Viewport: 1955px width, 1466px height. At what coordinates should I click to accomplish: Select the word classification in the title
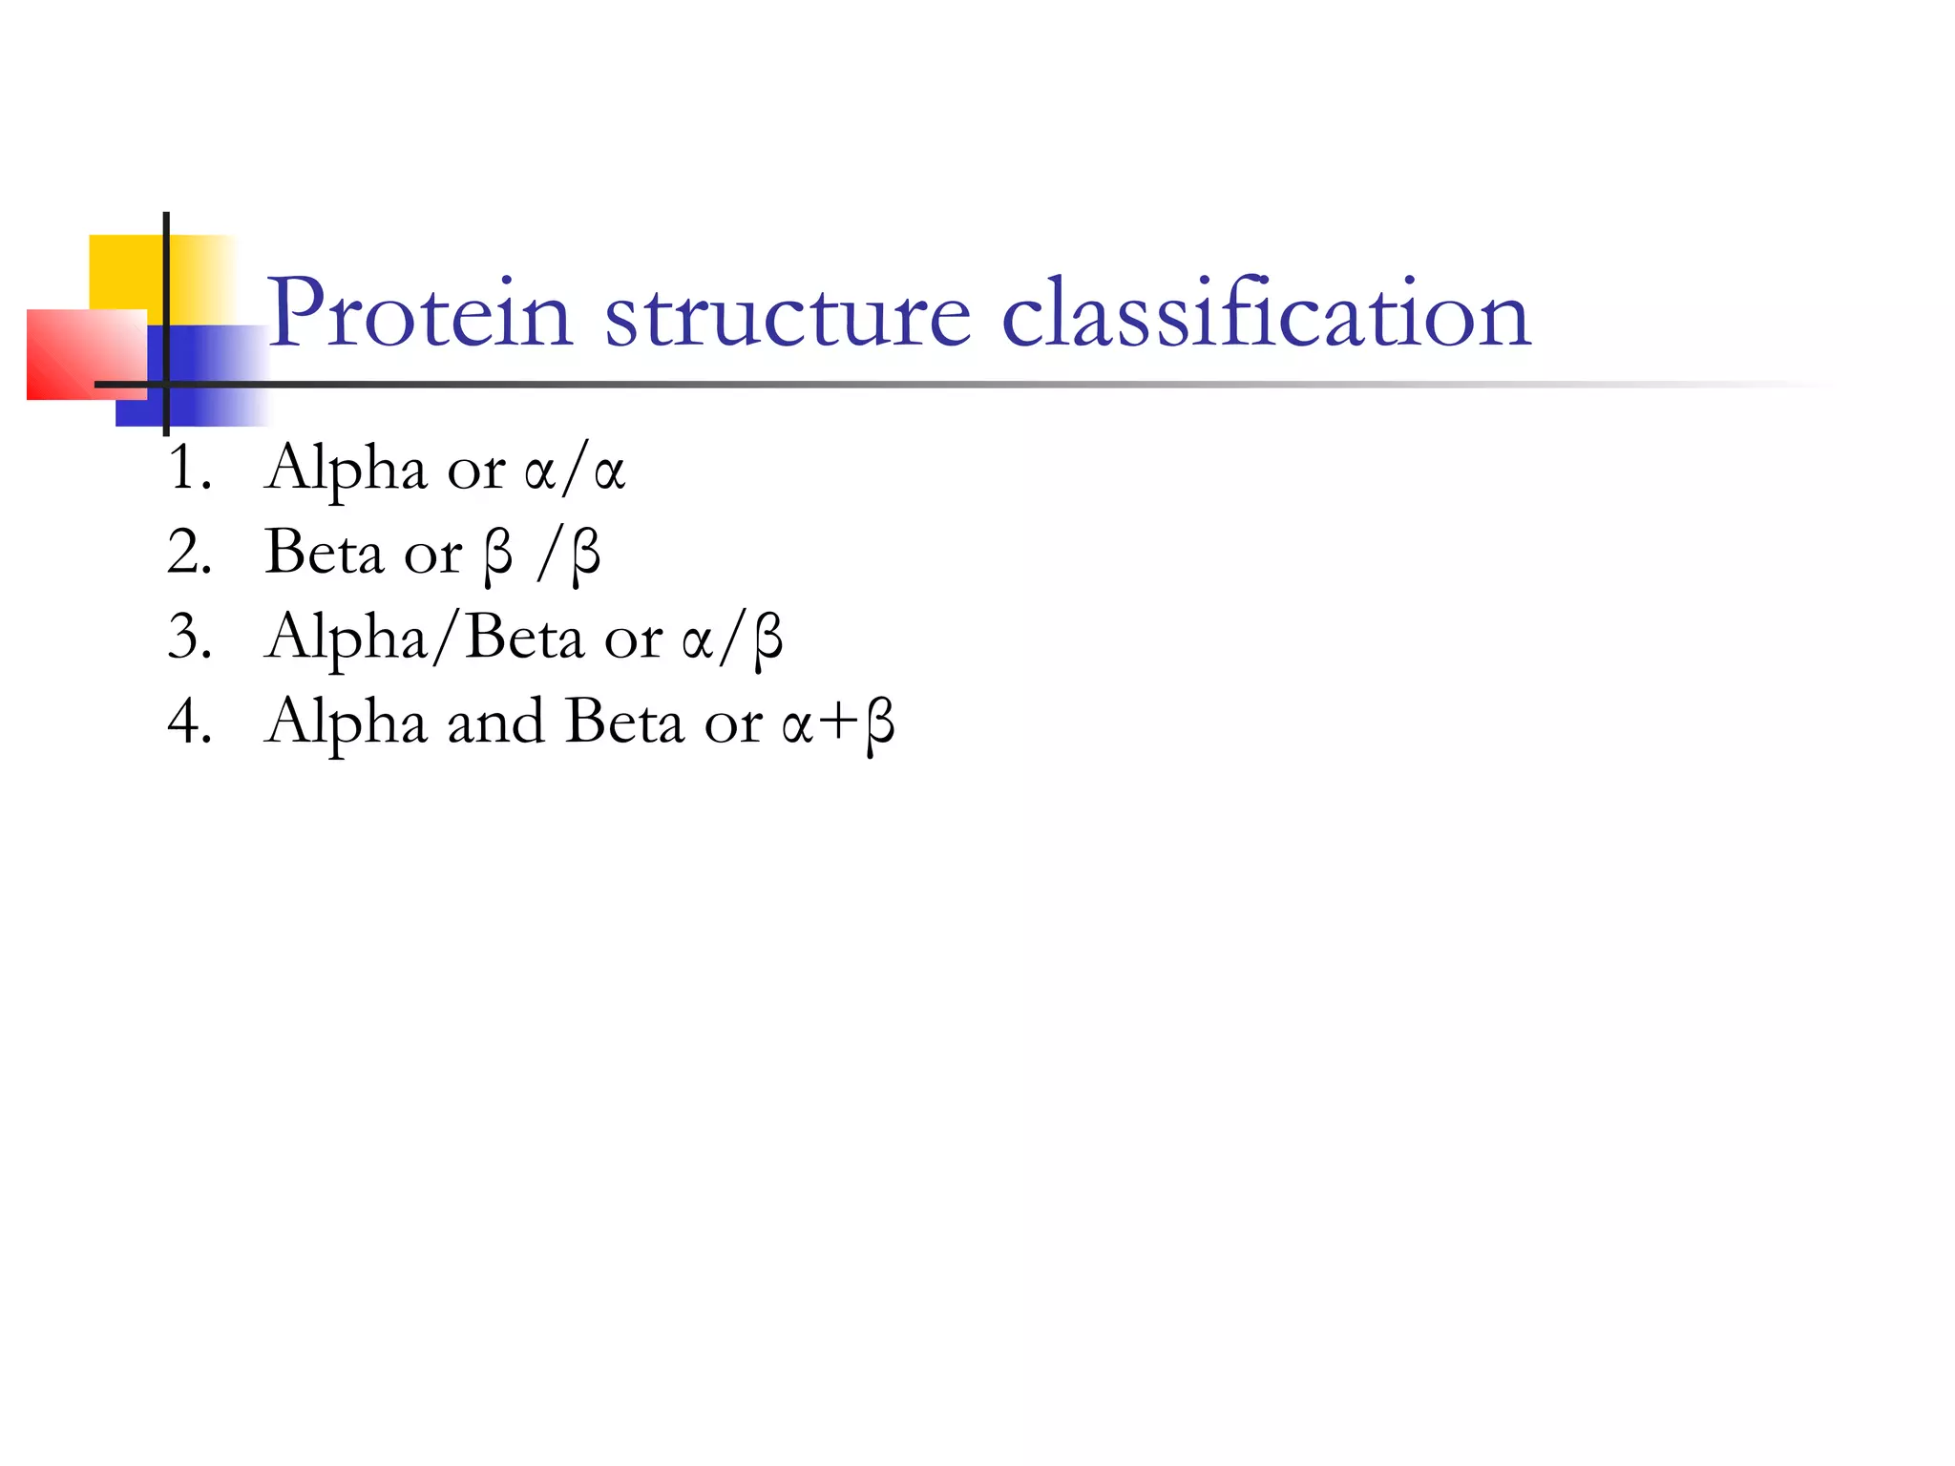1266,313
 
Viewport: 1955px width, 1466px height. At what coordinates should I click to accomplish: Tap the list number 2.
188,553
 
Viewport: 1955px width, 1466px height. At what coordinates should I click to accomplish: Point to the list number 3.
188,637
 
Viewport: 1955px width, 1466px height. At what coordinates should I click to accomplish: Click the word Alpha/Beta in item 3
425,638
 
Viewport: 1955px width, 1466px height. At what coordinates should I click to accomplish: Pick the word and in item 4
496,722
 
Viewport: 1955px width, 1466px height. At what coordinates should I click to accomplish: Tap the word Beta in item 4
624,722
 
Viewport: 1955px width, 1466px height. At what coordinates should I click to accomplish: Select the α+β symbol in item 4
838,723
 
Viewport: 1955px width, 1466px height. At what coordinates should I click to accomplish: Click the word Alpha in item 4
346,723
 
